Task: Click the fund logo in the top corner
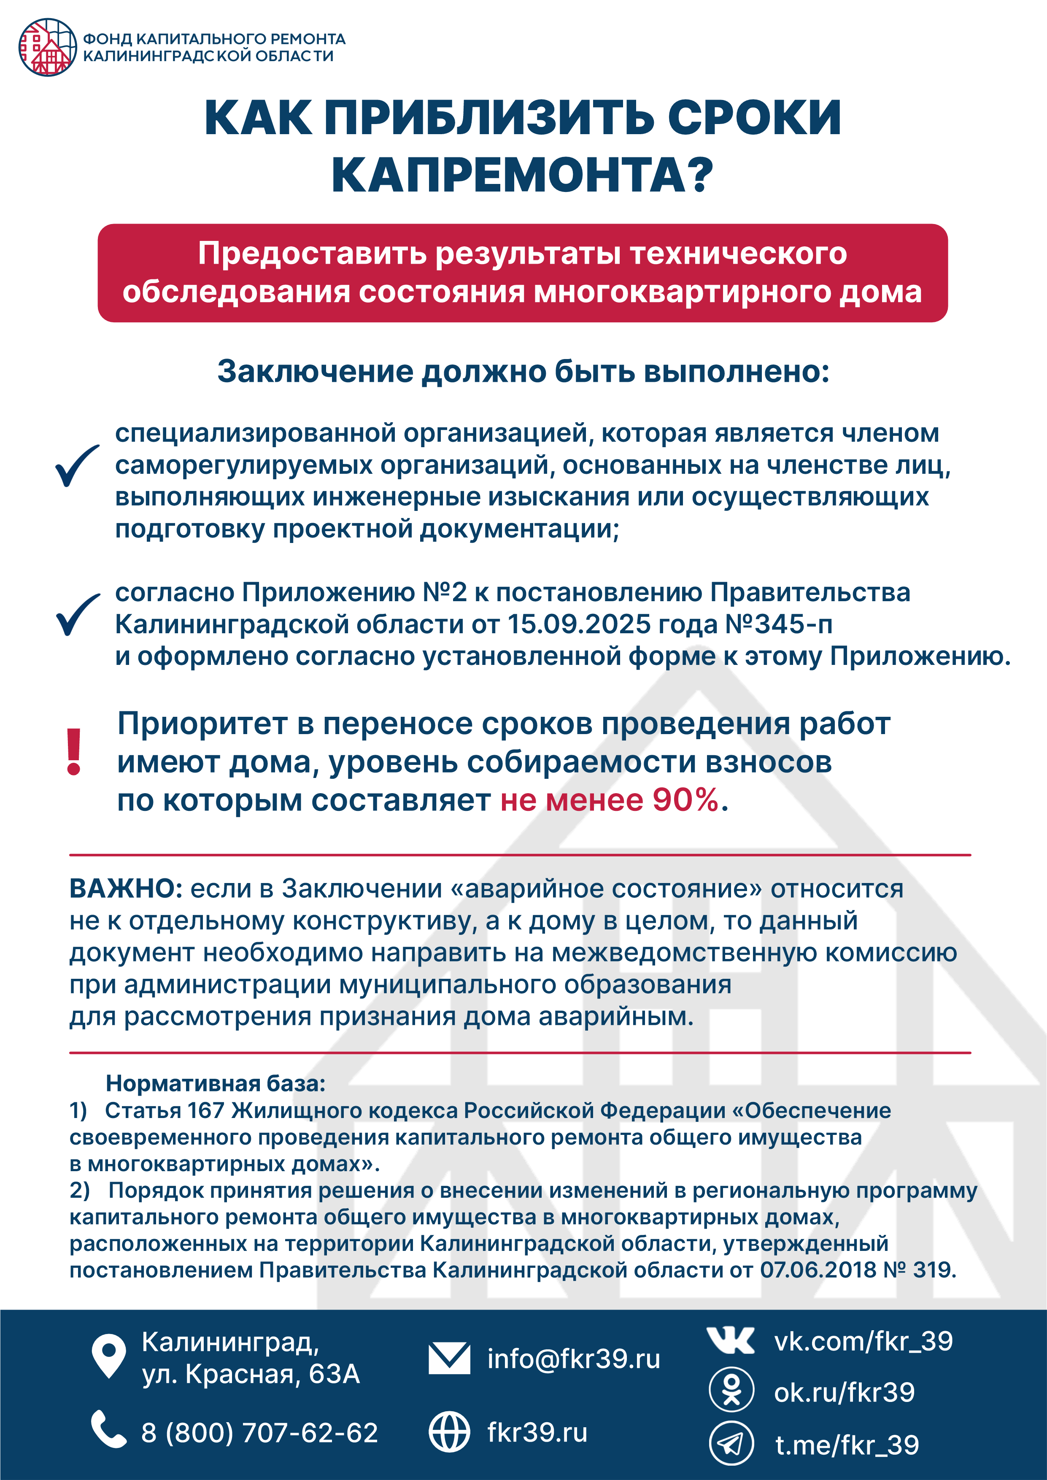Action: [47, 47]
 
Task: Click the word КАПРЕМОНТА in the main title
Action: [522, 175]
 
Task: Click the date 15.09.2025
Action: [579, 624]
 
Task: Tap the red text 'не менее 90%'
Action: [609, 800]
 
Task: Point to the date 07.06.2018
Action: [818, 1270]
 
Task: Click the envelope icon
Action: [449, 1358]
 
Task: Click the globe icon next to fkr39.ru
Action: [449, 1431]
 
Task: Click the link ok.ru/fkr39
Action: [844, 1392]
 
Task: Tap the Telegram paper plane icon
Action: [731, 1443]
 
